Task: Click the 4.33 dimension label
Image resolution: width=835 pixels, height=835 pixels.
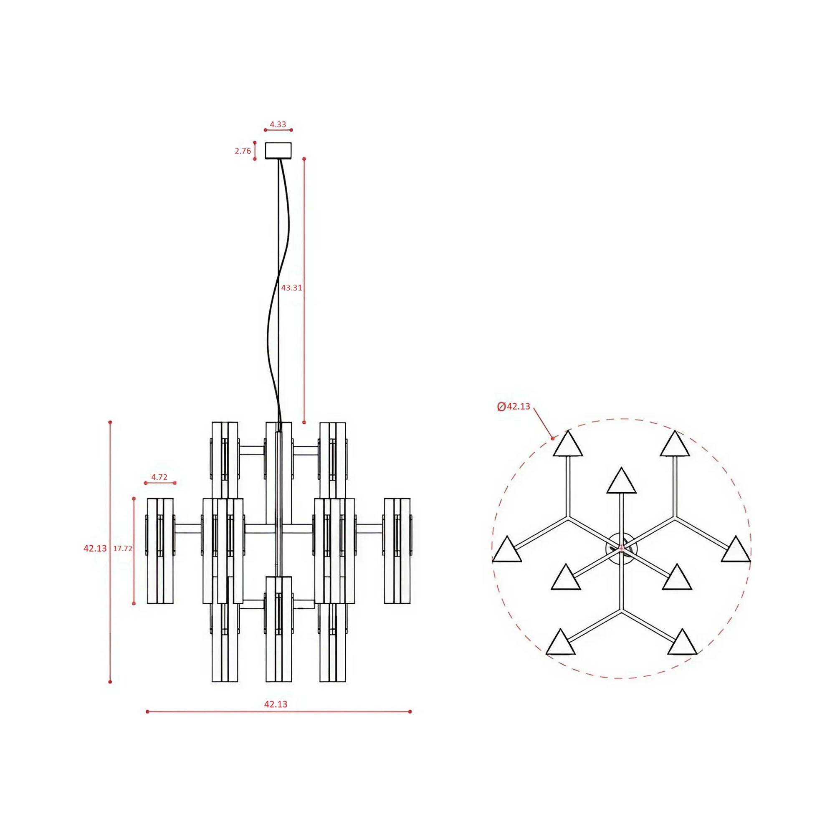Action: pos(278,124)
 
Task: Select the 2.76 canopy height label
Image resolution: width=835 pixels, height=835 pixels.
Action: pos(243,151)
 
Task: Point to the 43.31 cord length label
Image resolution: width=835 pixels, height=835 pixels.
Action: pos(292,287)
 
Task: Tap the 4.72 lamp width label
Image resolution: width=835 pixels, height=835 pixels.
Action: pos(159,477)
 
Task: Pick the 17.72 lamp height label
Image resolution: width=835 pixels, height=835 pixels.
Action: pos(123,549)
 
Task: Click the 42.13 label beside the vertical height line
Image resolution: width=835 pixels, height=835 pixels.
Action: pos(95,549)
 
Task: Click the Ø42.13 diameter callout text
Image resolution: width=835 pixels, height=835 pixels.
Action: pos(514,406)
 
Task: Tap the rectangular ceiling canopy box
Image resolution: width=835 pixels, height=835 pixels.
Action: pos(278,150)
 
